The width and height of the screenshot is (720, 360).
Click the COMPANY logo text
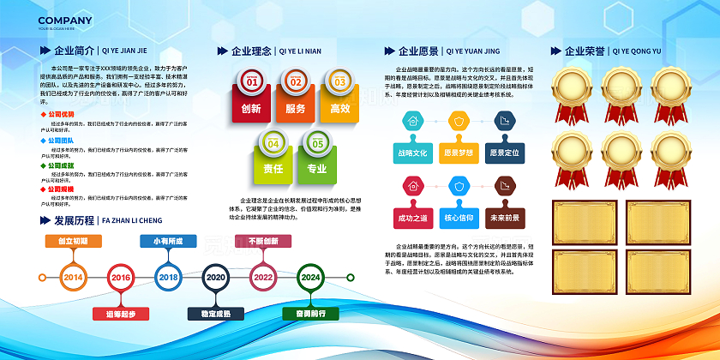pyautogui.click(x=65, y=21)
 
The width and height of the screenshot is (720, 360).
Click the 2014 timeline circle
pyautogui.click(x=73, y=278)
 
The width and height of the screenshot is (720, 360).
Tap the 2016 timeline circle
pyautogui.click(x=121, y=278)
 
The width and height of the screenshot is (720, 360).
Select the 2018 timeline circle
pyautogui.click(x=168, y=278)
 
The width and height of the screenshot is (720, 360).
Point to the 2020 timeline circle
pyautogui.click(x=215, y=278)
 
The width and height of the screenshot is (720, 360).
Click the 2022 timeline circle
pyautogui.click(x=262, y=278)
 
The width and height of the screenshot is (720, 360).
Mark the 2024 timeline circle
pyautogui.click(x=310, y=278)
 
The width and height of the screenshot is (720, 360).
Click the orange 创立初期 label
pyautogui.click(x=73, y=242)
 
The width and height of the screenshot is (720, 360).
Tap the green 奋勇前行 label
pyautogui.click(x=310, y=314)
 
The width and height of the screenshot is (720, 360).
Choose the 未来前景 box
pyautogui.click(x=505, y=218)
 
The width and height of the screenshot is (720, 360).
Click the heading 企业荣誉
pyautogui.click(x=585, y=51)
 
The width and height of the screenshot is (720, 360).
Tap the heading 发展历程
pyautogui.click(x=74, y=220)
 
